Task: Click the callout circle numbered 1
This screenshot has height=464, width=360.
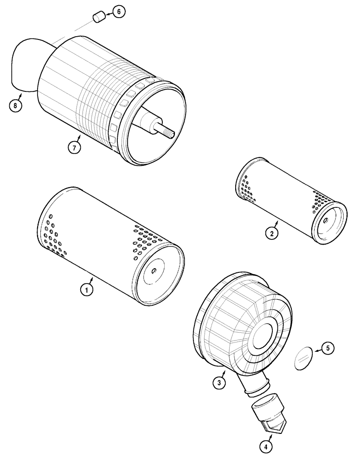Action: point(85,290)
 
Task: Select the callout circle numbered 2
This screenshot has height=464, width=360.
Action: point(273,233)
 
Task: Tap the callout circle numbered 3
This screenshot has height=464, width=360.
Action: point(219,382)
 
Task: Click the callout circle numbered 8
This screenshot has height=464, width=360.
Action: point(15,106)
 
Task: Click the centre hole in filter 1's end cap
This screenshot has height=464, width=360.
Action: point(154,272)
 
